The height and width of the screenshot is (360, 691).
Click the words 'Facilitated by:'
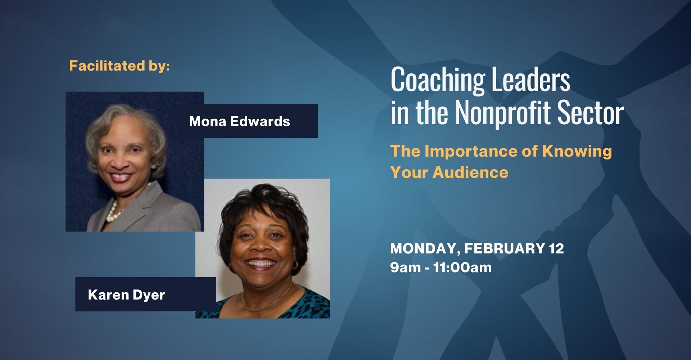119,66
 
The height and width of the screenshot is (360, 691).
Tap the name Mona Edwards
239,121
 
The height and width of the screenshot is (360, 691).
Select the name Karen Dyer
126,295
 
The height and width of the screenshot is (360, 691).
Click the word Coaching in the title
437,80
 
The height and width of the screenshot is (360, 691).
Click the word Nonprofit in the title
503,113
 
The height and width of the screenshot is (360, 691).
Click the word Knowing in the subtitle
577,151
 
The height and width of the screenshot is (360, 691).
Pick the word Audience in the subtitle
470,172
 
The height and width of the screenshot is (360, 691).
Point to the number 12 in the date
556,249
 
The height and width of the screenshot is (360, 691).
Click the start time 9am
405,267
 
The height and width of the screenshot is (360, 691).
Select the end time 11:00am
462,267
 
